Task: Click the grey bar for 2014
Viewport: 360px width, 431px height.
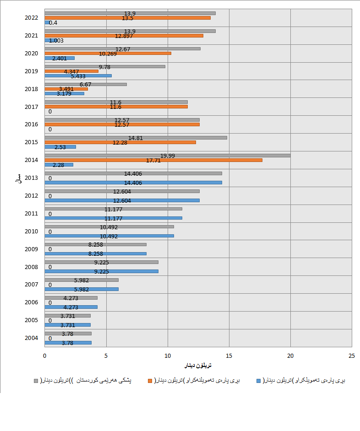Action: pyautogui.click(x=168, y=156)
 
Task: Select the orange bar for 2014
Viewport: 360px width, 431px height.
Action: pyautogui.click(x=153, y=160)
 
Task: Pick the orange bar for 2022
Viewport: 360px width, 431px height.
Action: pyautogui.click(x=127, y=18)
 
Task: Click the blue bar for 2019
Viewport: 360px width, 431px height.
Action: pyautogui.click(x=78, y=75)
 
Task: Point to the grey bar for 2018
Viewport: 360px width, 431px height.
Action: pyautogui.click(x=86, y=84)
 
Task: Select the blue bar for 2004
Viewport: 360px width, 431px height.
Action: pyautogui.click(x=68, y=343)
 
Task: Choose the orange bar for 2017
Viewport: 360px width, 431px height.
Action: pyautogui.click(x=116, y=107)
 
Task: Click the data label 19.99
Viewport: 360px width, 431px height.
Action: pyautogui.click(x=167, y=156)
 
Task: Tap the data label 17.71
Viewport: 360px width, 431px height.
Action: pyautogui.click(x=153, y=160)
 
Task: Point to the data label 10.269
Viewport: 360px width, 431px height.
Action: pyautogui.click(x=108, y=54)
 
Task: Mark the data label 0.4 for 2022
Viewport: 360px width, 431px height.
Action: pyautogui.click(x=53, y=22)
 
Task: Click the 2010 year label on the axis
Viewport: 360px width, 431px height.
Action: pyautogui.click(x=31, y=232)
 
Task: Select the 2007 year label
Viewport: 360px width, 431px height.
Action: pyautogui.click(x=31, y=285)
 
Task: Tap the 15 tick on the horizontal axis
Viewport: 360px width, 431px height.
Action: pyautogui.click(x=229, y=356)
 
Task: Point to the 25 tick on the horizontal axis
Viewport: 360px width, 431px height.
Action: pyautogui.click(x=351, y=356)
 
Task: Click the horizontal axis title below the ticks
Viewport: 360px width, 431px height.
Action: pyautogui.click(x=198, y=366)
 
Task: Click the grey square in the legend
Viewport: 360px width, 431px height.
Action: pyautogui.click(x=36, y=380)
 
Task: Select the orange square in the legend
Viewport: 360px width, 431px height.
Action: pyautogui.click(x=149, y=380)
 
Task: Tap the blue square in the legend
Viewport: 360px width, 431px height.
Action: pyautogui.click(x=259, y=380)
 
